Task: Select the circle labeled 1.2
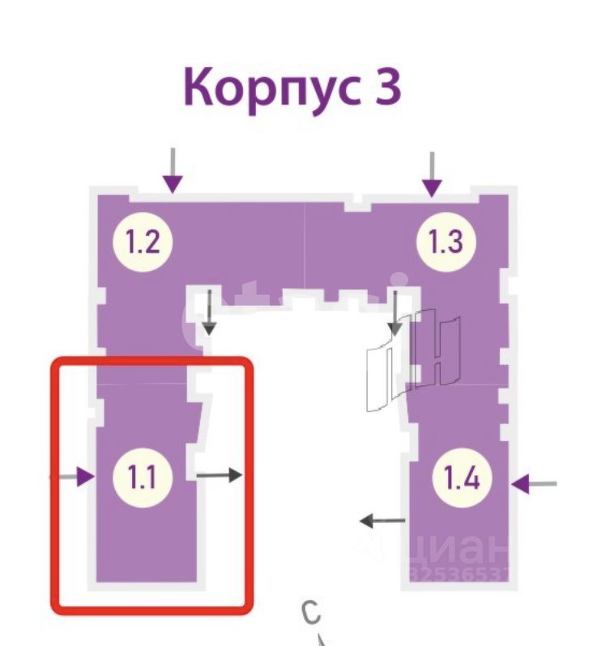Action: click(x=148, y=241)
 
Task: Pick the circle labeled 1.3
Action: click(x=446, y=241)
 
